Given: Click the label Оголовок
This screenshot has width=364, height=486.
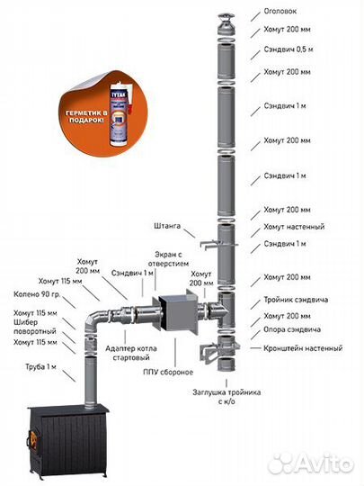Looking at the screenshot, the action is point(280,11).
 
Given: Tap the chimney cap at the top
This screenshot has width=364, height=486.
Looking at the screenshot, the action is point(226,24).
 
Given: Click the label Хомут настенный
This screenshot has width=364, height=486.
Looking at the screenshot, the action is point(294,227).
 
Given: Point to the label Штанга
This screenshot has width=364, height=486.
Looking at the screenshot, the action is point(167,226).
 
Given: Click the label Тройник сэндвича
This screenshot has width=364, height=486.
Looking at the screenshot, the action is point(296,300).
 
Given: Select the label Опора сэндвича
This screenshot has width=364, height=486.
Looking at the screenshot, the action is point(292,329).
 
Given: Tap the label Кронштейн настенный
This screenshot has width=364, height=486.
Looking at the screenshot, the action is point(303,348).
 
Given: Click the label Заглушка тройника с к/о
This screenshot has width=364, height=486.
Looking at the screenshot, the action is point(226,397).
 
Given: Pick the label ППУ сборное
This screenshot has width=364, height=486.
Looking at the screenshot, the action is point(168,372).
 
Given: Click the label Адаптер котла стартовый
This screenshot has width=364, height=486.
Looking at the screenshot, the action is point(131,353).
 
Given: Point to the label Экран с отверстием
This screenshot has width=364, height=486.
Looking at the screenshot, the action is point(168,259).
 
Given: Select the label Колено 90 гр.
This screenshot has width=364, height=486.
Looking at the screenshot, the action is point(37,294).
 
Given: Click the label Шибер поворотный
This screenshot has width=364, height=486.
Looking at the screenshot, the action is point(35,327).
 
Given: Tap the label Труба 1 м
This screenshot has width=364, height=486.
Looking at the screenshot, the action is point(40,367).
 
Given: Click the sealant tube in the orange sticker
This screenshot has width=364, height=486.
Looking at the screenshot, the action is point(121,113).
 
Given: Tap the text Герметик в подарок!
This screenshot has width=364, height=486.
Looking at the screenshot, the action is point(86,117).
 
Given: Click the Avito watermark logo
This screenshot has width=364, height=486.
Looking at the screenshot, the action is point(311,464).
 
